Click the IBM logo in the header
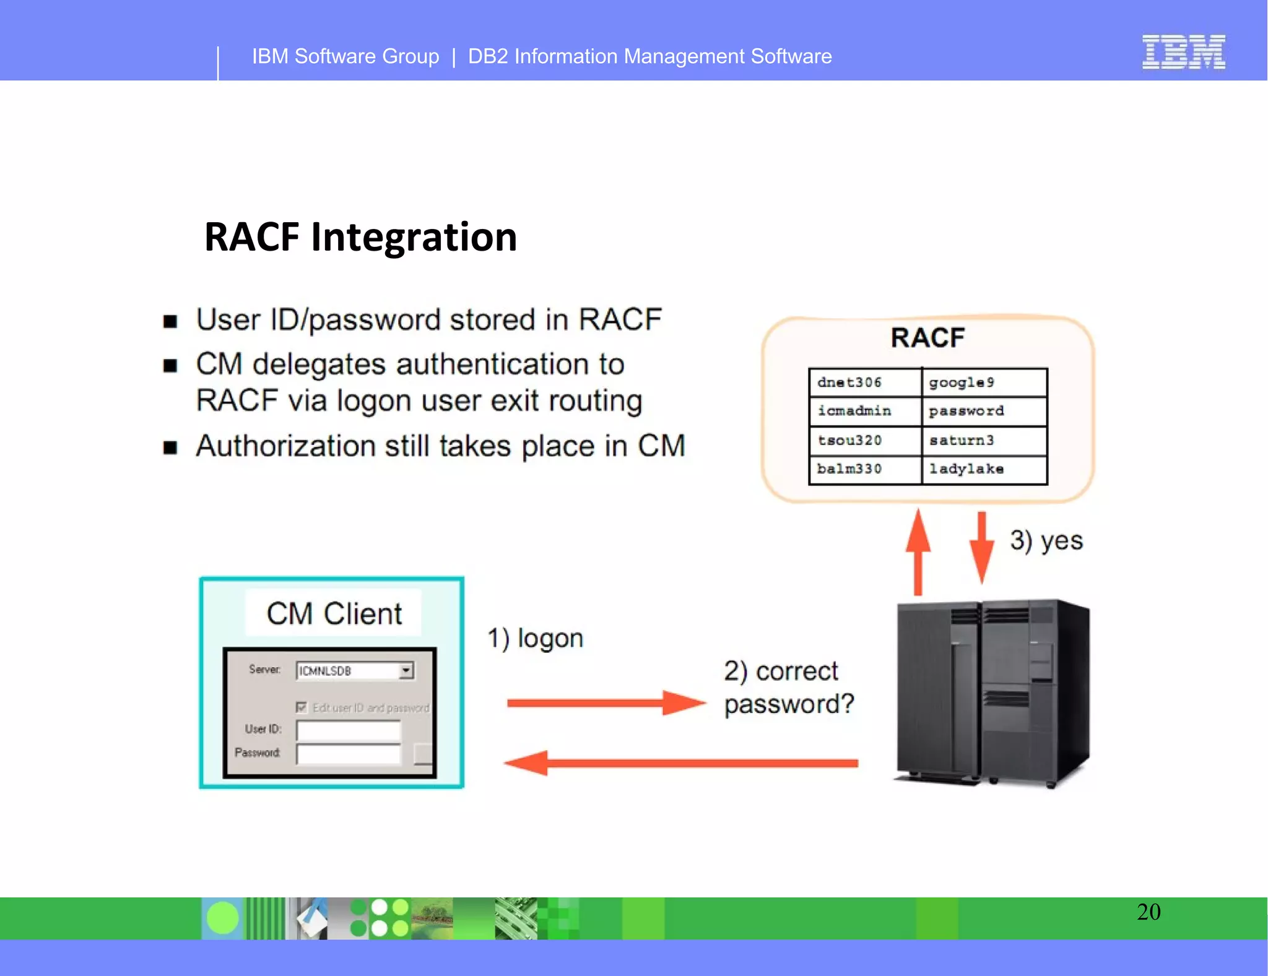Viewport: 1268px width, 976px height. coord(1183,52)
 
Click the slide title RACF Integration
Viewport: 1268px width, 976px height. coord(360,237)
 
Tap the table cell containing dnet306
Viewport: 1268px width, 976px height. coord(864,382)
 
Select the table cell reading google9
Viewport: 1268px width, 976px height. coord(984,382)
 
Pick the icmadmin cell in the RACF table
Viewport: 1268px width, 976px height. coord(864,411)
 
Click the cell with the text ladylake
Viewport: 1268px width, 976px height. coord(984,469)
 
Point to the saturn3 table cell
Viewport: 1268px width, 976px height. coord(984,440)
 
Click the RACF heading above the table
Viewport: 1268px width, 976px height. coord(927,338)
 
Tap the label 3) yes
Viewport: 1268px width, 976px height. coord(1046,541)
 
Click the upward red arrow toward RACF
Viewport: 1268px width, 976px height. coord(918,551)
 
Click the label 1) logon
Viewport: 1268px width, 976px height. coord(536,638)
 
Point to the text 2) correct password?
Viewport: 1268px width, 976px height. coord(788,688)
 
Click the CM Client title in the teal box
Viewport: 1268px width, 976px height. coord(334,613)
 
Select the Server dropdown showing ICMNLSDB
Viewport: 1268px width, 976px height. coord(354,671)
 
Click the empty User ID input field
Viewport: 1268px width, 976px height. coord(349,730)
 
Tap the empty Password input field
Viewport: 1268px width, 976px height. coord(349,754)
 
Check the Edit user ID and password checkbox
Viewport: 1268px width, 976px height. coord(302,707)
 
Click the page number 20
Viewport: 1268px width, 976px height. coord(1149,912)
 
